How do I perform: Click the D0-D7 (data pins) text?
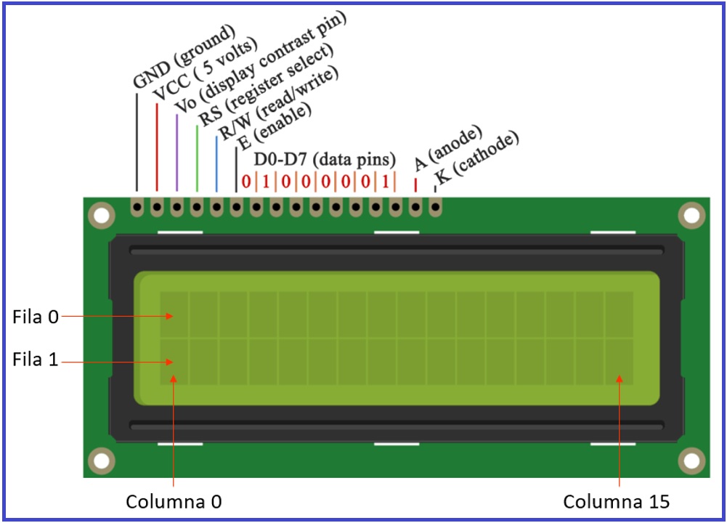coord(324,159)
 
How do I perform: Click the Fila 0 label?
coord(35,317)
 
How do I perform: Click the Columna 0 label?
coord(174,502)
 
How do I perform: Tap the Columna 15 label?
coord(616,502)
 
